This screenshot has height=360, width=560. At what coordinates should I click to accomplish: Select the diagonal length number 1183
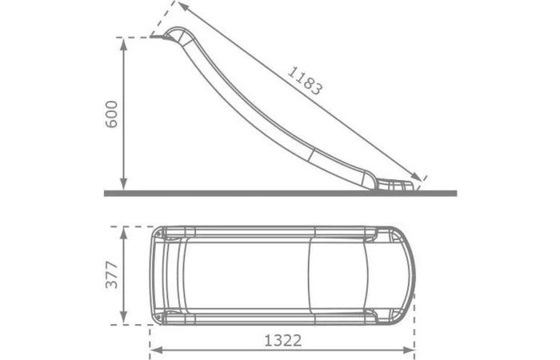coord(305,81)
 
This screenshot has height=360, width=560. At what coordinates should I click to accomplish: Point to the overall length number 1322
coord(282,340)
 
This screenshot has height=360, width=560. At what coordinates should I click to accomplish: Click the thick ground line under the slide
coord(280,193)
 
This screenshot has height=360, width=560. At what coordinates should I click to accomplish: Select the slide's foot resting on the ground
coord(395,186)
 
